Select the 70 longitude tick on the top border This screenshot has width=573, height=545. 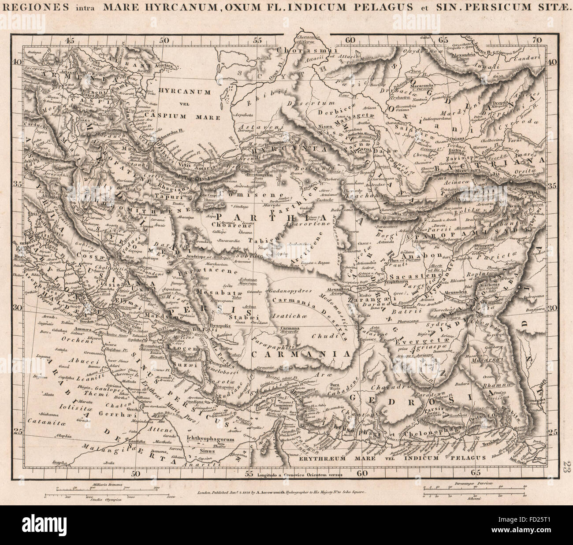coord(537,40)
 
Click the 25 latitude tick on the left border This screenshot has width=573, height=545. coord(17,431)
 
